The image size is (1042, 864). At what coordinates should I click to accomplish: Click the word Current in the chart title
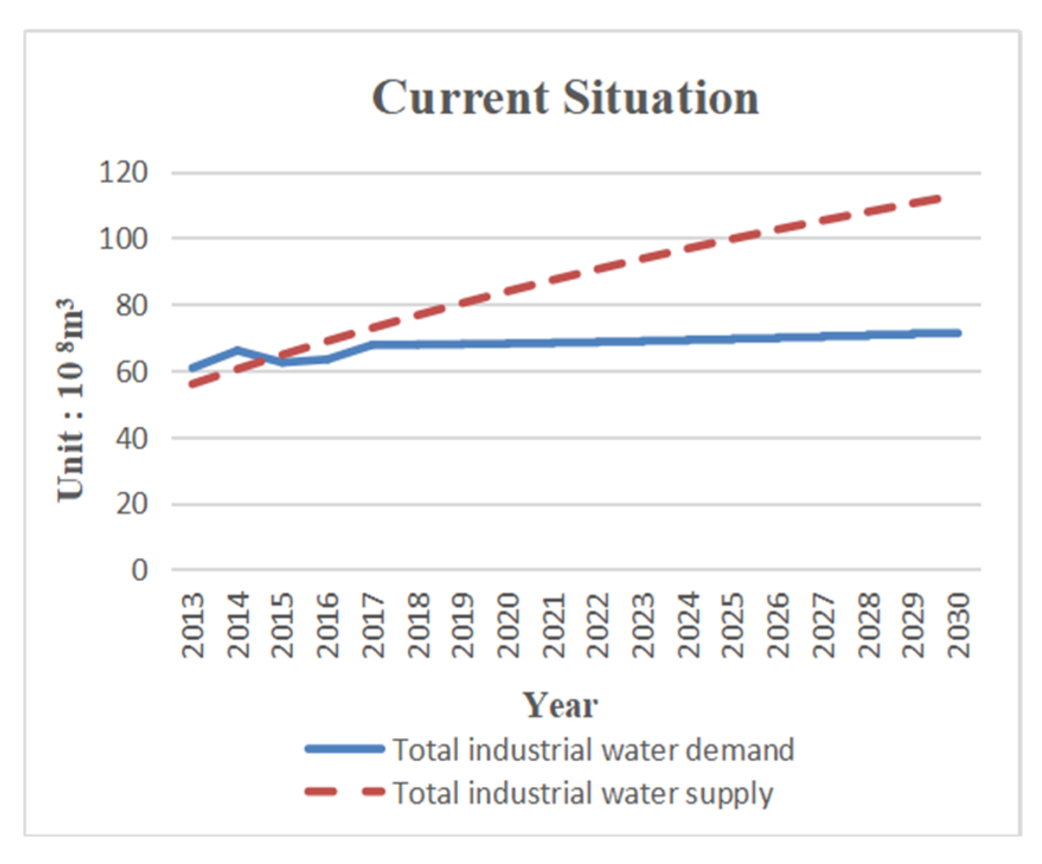click(461, 98)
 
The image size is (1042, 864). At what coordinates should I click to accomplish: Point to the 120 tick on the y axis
click(123, 173)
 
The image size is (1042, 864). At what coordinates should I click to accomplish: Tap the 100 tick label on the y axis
click(123, 239)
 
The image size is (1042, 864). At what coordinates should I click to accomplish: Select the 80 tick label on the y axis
click(131, 306)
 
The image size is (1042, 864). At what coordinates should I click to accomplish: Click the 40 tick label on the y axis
click(131, 439)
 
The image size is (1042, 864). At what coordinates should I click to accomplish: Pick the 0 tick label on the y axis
click(139, 570)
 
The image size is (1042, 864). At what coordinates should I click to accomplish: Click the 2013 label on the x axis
click(193, 625)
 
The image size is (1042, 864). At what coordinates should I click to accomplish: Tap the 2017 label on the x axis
click(373, 625)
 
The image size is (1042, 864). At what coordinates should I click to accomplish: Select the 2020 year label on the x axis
click(508, 625)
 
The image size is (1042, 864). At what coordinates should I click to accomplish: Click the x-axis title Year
click(559, 705)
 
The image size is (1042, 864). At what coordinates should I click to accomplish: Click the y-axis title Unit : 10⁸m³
click(70, 400)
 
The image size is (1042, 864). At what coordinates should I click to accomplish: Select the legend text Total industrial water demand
click(593, 750)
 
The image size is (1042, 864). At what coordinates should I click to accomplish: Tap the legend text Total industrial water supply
click(583, 793)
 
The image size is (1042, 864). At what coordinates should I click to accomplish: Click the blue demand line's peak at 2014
click(238, 350)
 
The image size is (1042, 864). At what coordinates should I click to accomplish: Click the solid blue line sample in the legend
click(345, 749)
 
